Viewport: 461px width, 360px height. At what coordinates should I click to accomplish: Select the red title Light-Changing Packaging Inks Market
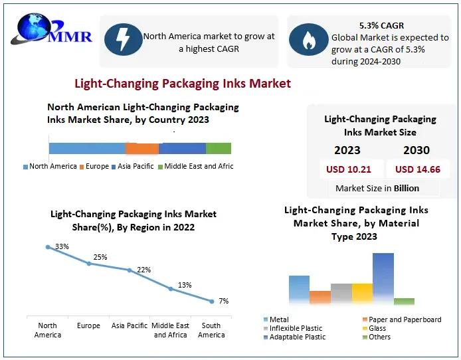(x=182, y=84)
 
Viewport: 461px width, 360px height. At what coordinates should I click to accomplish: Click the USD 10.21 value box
(x=349, y=169)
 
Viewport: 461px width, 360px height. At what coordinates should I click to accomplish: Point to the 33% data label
(x=62, y=246)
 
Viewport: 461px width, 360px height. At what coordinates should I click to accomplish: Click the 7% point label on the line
(x=224, y=301)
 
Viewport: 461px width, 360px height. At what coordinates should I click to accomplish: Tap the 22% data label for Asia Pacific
(x=143, y=270)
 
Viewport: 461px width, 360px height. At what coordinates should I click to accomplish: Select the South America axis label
(x=211, y=330)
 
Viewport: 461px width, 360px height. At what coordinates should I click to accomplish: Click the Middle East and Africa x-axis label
(x=171, y=330)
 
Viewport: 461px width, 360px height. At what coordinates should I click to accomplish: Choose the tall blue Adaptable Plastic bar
(x=383, y=278)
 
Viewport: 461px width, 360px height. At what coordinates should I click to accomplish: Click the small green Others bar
(x=404, y=301)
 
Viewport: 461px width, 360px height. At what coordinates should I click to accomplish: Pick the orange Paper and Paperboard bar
(x=320, y=297)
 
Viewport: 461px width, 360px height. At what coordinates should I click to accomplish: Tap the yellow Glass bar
(x=362, y=294)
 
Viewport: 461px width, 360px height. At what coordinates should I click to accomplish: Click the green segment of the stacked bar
(x=219, y=148)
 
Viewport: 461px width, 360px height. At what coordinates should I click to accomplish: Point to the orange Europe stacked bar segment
(x=143, y=148)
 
